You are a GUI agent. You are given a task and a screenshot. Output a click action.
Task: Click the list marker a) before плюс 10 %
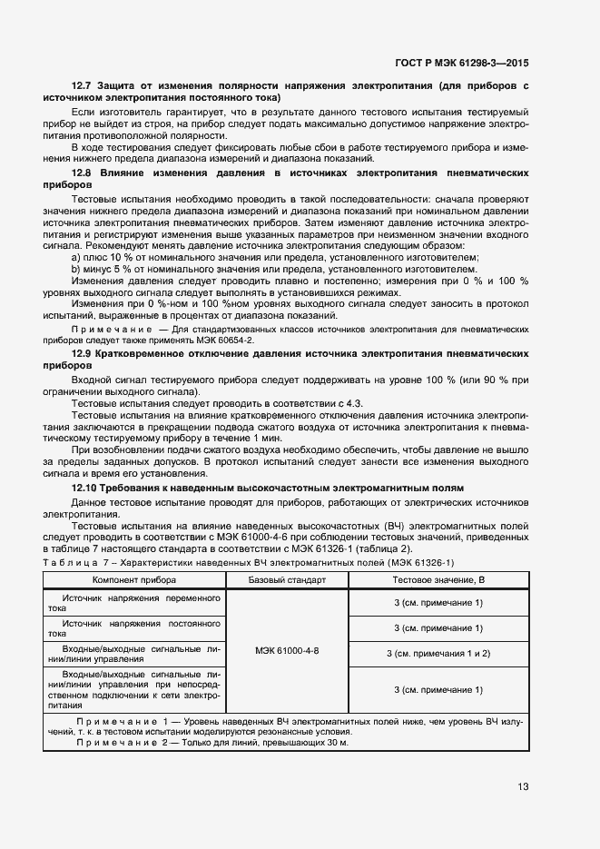tap(75, 258)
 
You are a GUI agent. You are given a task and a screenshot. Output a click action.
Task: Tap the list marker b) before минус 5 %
tap(75, 270)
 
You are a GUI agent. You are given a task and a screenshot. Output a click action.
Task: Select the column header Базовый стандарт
tap(287, 578)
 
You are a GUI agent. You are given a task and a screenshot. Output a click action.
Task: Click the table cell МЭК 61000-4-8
tap(287, 652)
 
